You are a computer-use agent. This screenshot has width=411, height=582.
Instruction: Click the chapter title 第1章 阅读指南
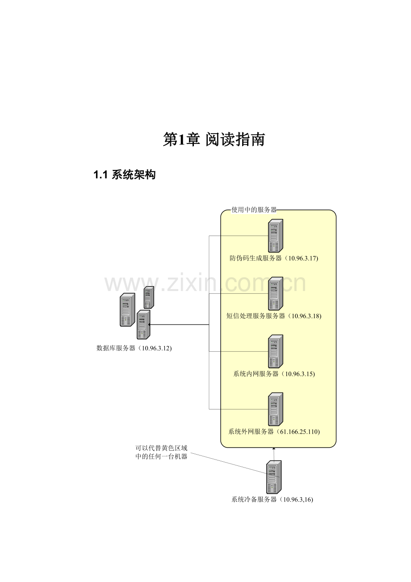(214, 139)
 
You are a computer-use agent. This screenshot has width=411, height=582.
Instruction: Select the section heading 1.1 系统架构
(125, 175)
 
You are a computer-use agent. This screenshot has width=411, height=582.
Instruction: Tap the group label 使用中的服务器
(254, 210)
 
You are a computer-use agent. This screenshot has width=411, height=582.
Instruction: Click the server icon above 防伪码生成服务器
(276, 236)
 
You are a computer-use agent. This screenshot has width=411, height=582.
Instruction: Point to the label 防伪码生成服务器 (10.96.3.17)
(274, 258)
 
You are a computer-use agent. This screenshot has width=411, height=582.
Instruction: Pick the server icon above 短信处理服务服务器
(276, 294)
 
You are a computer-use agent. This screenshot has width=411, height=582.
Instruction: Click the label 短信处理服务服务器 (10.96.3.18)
(274, 316)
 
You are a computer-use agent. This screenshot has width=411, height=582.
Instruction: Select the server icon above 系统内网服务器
(276, 351)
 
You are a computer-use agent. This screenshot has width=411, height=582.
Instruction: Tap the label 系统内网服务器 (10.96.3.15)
(274, 374)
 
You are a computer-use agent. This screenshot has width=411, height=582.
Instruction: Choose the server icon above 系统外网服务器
(276, 409)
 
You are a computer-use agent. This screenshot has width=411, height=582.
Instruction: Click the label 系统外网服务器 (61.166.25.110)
(274, 432)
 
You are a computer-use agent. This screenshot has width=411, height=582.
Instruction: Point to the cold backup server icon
(274, 477)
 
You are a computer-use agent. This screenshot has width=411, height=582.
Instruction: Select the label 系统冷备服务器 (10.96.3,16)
(272, 500)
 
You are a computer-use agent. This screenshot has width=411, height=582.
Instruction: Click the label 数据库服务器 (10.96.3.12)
(134, 348)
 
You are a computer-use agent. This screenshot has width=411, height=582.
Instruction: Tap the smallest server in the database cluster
(149, 297)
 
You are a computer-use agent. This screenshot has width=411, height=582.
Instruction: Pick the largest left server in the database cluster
(127, 310)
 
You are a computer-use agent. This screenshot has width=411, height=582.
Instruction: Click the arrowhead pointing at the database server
(149, 325)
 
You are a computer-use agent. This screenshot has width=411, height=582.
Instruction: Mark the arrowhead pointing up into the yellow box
(274, 449)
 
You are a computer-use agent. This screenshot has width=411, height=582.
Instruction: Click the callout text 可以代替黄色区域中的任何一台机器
(161, 452)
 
